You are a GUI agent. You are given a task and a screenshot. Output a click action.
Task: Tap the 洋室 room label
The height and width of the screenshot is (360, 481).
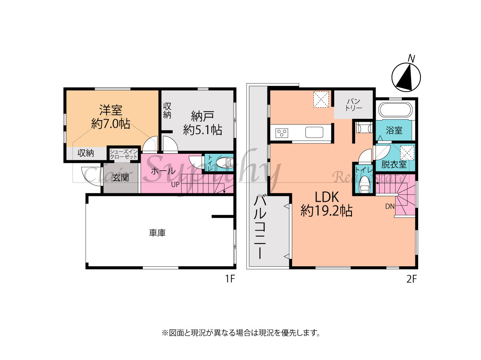[x=111, y=110]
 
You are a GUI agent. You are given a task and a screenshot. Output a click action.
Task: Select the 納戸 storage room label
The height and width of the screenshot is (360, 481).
[x=202, y=116]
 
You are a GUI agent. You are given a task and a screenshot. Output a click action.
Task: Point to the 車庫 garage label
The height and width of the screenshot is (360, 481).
[x=157, y=233]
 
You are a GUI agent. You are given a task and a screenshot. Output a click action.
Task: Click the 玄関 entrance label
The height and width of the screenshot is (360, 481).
[x=121, y=177]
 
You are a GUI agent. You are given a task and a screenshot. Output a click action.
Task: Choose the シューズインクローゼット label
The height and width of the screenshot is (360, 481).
[x=123, y=154]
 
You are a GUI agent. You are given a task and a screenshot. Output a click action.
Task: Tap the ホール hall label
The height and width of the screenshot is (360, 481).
[x=163, y=171]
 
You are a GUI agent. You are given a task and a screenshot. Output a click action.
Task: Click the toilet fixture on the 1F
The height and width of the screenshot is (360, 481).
[x=224, y=163]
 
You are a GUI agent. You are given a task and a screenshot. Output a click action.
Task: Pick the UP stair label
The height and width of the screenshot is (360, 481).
[x=175, y=185]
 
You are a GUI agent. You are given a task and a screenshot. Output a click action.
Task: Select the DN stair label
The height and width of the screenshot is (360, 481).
[x=390, y=206]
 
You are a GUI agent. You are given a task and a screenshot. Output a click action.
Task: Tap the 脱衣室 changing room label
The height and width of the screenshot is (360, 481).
[x=394, y=164]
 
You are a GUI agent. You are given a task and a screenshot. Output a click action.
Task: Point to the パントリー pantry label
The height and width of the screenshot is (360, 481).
[x=354, y=105]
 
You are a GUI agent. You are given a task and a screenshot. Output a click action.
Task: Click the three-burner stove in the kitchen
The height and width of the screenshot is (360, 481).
[x=282, y=133]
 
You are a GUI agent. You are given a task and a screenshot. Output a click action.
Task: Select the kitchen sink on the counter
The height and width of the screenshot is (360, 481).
[x=314, y=132]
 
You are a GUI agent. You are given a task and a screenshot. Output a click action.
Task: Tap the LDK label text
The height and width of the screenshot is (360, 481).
[x=327, y=197]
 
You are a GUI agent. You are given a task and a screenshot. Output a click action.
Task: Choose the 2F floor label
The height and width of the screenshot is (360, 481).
[x=411, y=279]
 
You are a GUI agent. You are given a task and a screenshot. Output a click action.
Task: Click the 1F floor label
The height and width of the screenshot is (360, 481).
[x=230, y=279]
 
